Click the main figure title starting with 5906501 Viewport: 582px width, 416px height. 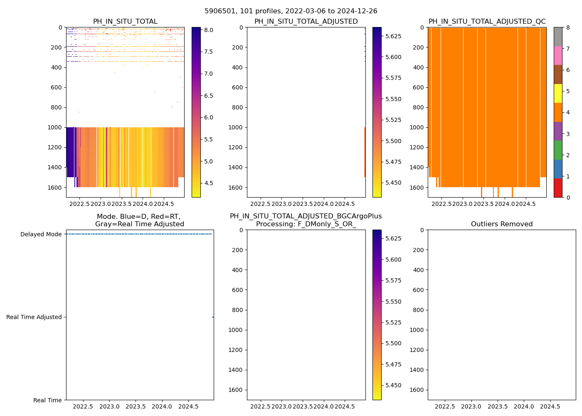[291, 11]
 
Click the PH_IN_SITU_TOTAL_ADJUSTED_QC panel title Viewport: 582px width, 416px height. [487, 22]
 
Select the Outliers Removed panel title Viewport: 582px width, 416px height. [501, 224]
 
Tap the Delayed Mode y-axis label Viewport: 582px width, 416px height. [41, 234]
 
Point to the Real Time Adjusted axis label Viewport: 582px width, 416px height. [34, 317]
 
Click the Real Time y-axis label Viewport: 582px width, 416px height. [47, 400]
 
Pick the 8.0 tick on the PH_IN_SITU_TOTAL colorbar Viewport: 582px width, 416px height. [208, 30]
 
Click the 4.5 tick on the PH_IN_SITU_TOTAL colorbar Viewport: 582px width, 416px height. [208, 183]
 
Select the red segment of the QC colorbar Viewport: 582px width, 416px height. [557, 188]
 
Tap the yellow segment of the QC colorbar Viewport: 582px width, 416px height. [557, 93]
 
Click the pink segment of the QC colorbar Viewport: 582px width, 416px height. [557, 55]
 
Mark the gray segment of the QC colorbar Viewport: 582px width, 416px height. [557, 37]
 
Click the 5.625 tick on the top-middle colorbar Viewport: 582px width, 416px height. [393, 36]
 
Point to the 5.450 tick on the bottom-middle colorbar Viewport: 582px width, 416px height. [393, 385]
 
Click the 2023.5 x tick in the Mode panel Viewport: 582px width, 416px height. [136, 406]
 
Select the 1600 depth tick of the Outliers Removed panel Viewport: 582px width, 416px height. [419, 390]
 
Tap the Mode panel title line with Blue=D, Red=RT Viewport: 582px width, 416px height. [138, 216]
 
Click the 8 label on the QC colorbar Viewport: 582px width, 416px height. [568, 27]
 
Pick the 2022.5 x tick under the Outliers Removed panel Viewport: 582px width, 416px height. [445, 406]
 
